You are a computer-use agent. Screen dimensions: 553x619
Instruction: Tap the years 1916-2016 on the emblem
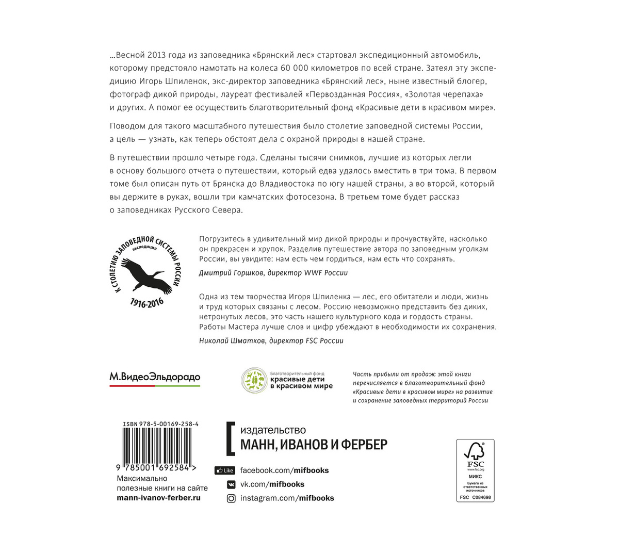click(x=147, y=302)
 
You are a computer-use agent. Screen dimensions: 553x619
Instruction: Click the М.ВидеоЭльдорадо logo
click(x=155, y=378)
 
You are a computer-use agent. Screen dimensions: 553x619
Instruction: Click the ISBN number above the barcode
click(x=161, y=424)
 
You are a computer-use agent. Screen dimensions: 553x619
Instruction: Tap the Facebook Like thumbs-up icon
click(x=224, y=470)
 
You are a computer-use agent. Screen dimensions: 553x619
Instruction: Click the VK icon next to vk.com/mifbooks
click(x=232, y=484)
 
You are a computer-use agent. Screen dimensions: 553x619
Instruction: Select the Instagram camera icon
click(x=232, y=498)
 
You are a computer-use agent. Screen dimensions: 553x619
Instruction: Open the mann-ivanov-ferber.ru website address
click(x=159, y=498)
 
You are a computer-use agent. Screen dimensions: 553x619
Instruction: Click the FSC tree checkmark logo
click(x=475, y=452)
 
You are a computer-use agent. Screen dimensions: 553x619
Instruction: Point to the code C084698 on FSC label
click(x=481, y=498)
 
